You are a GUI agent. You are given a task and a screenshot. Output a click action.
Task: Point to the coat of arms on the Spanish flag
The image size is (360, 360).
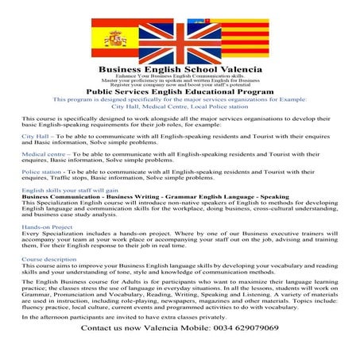(116, 37)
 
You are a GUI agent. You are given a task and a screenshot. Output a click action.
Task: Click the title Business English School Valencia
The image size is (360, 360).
(180, 70)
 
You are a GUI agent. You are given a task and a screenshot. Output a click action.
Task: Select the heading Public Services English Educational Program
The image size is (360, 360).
(180, 92)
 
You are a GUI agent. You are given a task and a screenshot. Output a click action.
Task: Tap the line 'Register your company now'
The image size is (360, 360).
(180, 85)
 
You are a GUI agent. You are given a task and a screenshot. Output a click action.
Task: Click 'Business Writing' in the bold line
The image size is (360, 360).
(128, 198)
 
